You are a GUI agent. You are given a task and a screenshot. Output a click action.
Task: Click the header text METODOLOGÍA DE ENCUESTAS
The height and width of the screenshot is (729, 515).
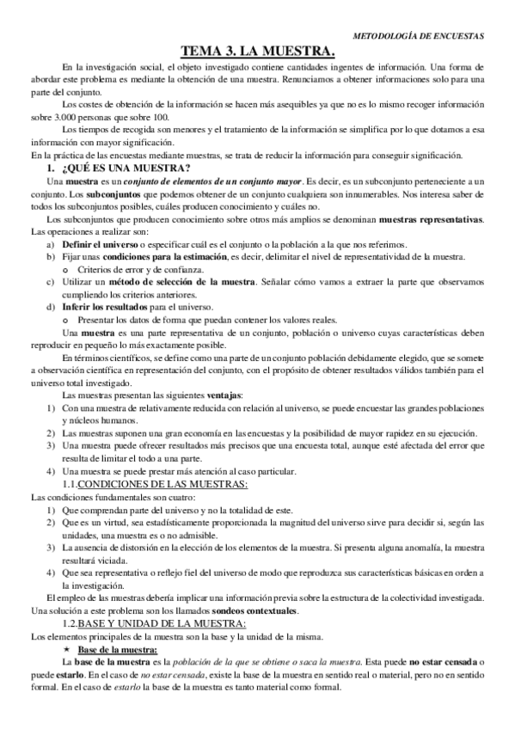pos(419,36)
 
